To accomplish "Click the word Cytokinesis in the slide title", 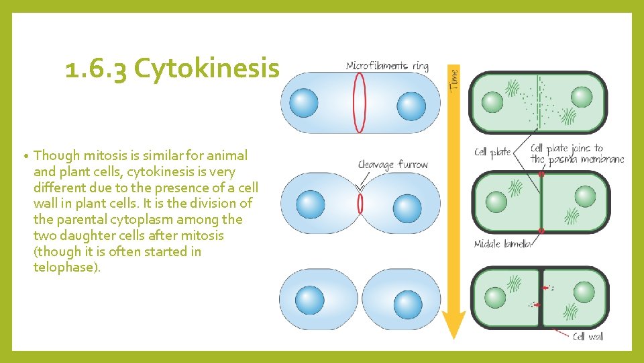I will (x=207, y=69).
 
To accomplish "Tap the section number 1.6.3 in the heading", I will (x=97, y=69).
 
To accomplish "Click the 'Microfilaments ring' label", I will (x=386, y=66).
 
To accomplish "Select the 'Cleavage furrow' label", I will (x=392, y=165).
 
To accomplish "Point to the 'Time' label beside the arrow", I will (x=453, y=80).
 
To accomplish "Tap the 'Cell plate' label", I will (x=492, y=152).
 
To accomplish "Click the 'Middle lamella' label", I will (x=502, y=244).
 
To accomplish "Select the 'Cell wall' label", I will (x=588, y=336).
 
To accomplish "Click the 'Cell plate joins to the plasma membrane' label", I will (x=576, y=154).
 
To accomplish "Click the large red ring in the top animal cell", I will (x=360, y=102).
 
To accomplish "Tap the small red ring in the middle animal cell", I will (x=360, y=203).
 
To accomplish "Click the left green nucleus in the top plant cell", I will (x=493, y=102).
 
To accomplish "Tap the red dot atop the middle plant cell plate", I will (x=541, y=175).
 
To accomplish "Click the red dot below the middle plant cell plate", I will (x=541, y=231).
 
